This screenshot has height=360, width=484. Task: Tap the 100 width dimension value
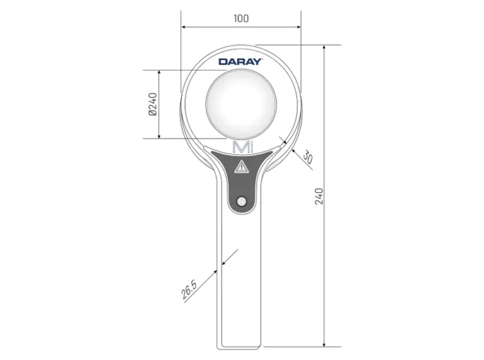pyautogui.click(x=241, y=18)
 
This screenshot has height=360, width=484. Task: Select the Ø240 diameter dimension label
pyautogui.click(x=153, y=104)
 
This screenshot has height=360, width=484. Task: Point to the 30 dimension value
pyautogui.click(x=308, y=157)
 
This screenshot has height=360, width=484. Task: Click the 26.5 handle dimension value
pyautogui.click(x=189, y=290)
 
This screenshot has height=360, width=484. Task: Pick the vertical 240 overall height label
pyautogui.click(x=319, y=196)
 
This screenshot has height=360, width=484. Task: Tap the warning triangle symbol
pyautogui.click(x=241, y=167)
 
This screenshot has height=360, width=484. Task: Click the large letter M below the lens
pyautogui.click(x=241, y=147)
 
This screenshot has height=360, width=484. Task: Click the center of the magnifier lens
pyautogui.click(x=241, y=104)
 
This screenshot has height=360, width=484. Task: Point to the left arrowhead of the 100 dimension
pyautogui.click(x=183, y=27)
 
